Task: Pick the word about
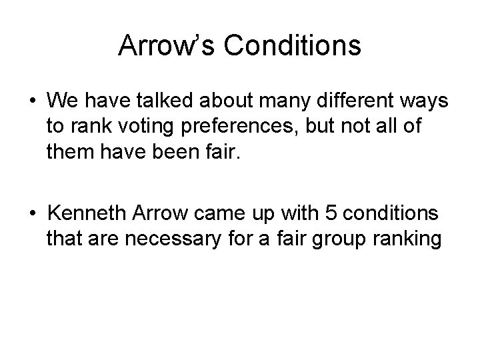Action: coord(230,101)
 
